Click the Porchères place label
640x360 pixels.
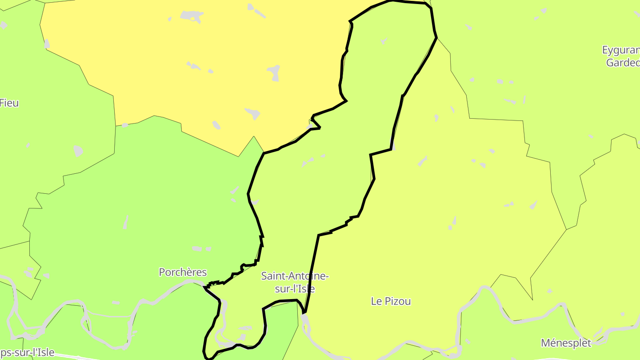(x=183, y=272)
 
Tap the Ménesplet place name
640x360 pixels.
(x=566, y=343)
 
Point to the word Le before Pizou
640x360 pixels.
(x=376, y=301)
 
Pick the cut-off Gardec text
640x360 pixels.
(x=623, y=63)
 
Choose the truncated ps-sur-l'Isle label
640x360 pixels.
(x=27, y=353)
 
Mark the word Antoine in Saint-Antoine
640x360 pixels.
(x=309, y=276)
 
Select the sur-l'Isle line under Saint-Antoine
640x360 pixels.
(x=295, y=288)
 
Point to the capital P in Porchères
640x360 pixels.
(x=162, y=272)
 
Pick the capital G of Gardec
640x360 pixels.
(x=610, y=63)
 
